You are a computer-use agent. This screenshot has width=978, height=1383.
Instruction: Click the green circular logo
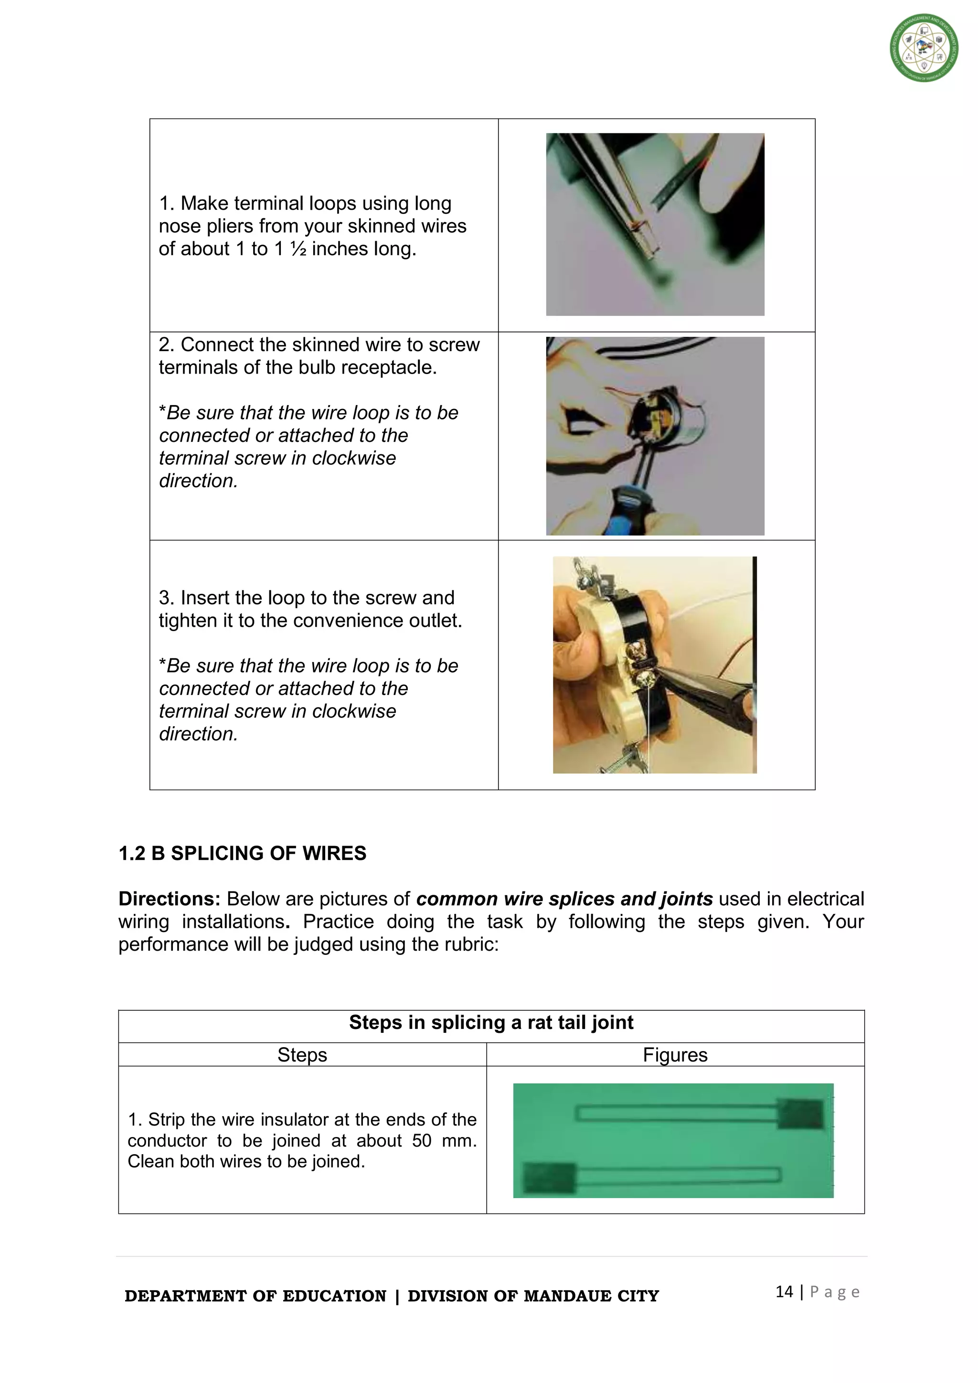click(x=924, y=48)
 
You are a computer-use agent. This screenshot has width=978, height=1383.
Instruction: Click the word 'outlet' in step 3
click(x=434, y=621)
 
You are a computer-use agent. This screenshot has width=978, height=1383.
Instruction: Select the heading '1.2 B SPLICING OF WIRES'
click(x=242, y=854)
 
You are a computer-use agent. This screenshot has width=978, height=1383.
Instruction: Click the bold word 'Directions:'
click(x=169, y=900)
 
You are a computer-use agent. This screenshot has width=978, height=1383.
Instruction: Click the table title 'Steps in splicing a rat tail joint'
click(x=491, y=1023)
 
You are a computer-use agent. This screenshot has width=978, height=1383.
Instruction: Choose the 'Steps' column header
click(x=302, y=1055)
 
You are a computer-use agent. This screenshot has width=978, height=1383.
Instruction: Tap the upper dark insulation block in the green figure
click(x=799, y=1115)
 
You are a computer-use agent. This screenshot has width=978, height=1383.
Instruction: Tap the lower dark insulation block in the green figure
click(x=549, y=1178)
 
